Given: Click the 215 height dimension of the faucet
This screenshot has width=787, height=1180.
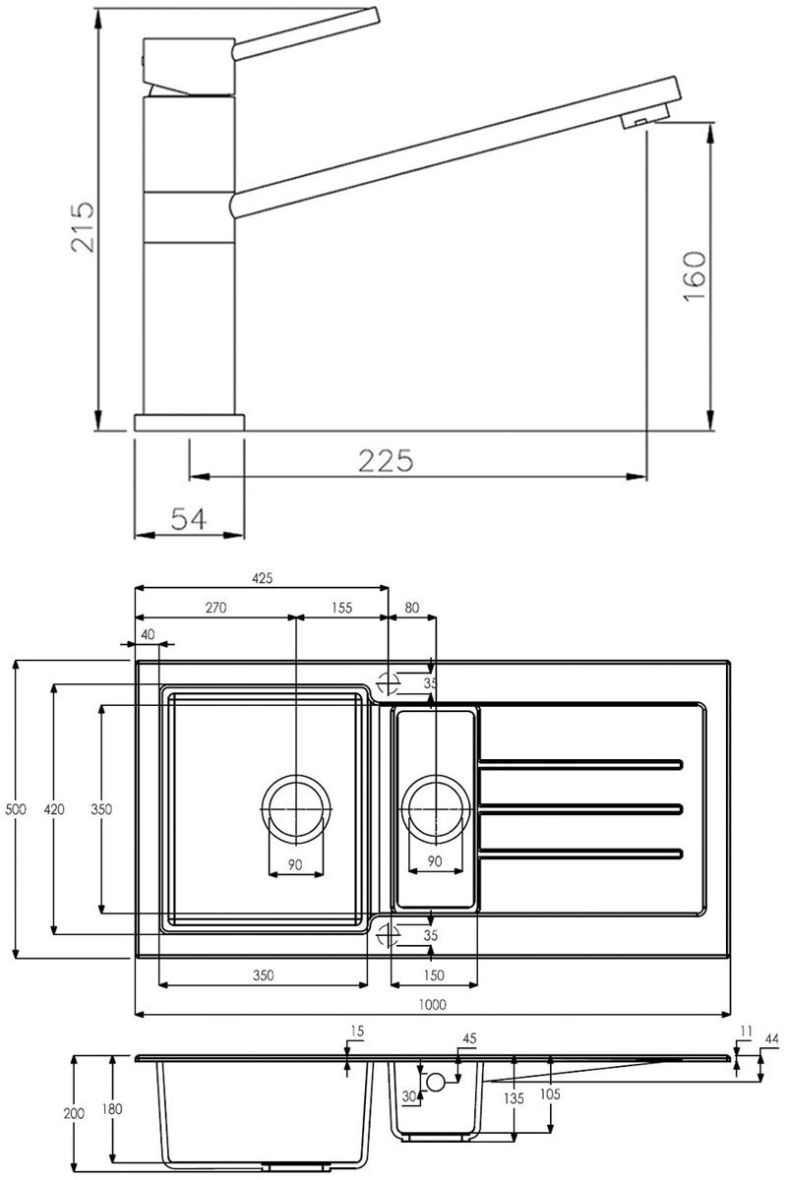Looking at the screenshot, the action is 84,226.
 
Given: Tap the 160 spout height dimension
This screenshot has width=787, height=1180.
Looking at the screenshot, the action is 695,276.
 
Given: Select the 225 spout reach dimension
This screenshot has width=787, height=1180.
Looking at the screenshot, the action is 386,460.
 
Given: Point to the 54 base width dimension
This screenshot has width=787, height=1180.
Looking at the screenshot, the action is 189,519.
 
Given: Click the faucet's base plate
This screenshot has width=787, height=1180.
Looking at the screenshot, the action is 189,423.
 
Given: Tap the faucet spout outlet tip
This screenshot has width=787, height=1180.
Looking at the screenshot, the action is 644,121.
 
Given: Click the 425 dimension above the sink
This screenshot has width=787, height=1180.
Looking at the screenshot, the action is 263,578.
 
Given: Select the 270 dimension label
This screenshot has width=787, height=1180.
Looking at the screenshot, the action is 215,608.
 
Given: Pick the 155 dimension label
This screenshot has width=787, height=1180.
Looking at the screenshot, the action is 342,608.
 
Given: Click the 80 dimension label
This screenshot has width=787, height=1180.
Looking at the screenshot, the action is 411,608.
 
